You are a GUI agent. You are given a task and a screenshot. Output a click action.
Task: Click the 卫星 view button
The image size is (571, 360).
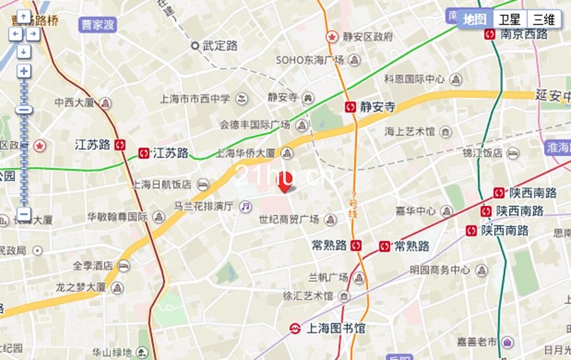tap(510, 20)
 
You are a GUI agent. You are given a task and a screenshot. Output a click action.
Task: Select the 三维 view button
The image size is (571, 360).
tap(544, 20)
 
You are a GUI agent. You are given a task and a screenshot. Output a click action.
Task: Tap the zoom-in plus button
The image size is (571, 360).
tap(24, 71)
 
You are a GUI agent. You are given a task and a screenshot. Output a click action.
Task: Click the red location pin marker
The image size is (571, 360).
tap(285, 184)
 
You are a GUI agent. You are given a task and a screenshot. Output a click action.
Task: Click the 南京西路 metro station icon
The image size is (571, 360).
tap(490, 34)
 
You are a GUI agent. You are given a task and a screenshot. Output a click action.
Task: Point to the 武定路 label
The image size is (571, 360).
tap(220, 46)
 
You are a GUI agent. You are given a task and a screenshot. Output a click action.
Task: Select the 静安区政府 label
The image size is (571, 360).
tap(368, 36)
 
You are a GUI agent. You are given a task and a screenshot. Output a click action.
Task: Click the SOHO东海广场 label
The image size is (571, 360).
tap(310, 60)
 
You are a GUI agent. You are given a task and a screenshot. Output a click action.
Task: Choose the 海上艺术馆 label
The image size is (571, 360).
tap(410, 131)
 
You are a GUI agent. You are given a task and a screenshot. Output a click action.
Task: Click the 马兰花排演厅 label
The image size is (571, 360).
tap(203, 206)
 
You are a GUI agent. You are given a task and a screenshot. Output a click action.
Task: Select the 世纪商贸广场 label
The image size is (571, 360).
tap(288, 219)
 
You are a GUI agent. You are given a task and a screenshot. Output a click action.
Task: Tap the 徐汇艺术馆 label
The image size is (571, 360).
tap(308, 296)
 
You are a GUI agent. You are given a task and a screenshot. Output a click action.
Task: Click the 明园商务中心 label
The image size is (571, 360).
tap(440, 270)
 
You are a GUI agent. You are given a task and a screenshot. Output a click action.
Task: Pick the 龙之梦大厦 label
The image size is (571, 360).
tap(81, 287)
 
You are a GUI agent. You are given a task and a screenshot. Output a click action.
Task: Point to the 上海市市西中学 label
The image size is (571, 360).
tap(195, 99)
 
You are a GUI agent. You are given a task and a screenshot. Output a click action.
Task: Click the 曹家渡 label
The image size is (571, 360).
tap(98, 25)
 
